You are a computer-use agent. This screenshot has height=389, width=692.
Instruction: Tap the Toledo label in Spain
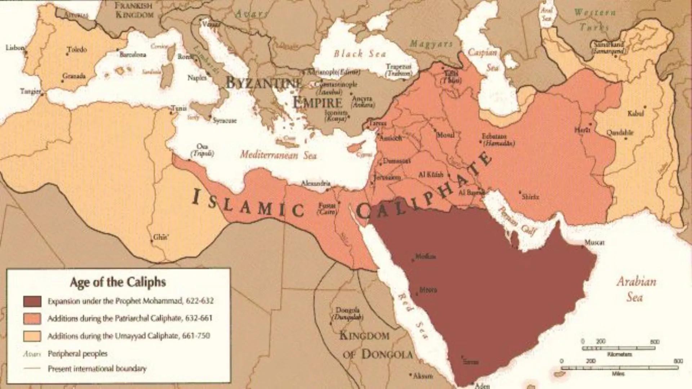(x=77, y=49)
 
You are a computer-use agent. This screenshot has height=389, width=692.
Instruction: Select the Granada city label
(x=74, y=76)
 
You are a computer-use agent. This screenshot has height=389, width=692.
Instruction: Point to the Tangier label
(x=30, y=91)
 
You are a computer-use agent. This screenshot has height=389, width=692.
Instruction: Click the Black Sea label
(x=360, y=54)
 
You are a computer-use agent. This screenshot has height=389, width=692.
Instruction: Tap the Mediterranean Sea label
(x=278, y=155)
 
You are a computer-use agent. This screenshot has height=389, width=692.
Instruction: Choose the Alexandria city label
(x=315, y=183)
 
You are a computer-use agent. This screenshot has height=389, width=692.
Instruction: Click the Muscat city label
(x=594, y=242)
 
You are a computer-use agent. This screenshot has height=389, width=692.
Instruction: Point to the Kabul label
(x=635, y=113)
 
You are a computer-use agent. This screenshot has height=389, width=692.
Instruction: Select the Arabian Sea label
(x=636, y=289)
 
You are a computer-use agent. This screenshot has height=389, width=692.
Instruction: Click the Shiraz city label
(x=530, y=197)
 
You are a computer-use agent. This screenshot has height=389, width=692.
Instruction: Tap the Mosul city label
(x=445, y=135)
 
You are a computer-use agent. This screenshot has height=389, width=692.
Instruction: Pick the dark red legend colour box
(x=32, y=301)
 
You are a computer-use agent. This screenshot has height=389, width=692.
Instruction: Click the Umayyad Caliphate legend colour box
(x=32, y=336)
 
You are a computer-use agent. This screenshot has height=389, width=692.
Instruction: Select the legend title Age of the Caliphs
(x=118, y=282)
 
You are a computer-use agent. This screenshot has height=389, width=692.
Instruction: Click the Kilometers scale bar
(x=618, y=348)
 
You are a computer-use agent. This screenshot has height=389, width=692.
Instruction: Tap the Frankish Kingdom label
(x=134, y=10)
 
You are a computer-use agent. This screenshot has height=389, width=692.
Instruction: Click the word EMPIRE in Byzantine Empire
(x=318, y=103)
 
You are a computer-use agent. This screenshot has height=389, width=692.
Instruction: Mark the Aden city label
(x=482, y=386)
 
